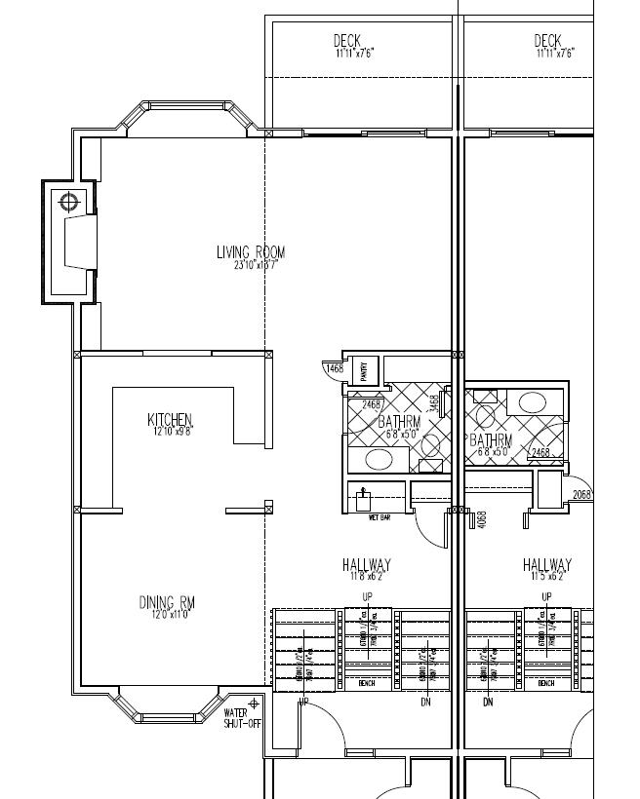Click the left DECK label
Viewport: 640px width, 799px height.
pos(347,40)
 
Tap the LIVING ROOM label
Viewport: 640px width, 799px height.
pos(251,252)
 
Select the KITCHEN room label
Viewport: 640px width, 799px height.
pos(171,420)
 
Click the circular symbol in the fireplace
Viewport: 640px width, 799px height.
pos(69,203)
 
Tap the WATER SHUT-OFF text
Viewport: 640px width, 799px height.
pos(237,717)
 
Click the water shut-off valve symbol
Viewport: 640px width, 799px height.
pos(255,703)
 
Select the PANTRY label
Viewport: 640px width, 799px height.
pos(364,370)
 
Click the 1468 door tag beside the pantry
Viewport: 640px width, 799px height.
pos(335,367)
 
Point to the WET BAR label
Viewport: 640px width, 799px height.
pos(379,516)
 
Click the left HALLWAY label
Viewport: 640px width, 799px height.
pos(367,564)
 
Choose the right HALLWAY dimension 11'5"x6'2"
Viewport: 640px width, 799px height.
pos(546,577)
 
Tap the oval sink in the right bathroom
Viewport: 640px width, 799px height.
pos(533,400)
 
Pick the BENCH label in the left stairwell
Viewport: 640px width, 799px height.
pos(368,683)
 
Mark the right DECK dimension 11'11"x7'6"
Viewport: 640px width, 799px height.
pos(554,53)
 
